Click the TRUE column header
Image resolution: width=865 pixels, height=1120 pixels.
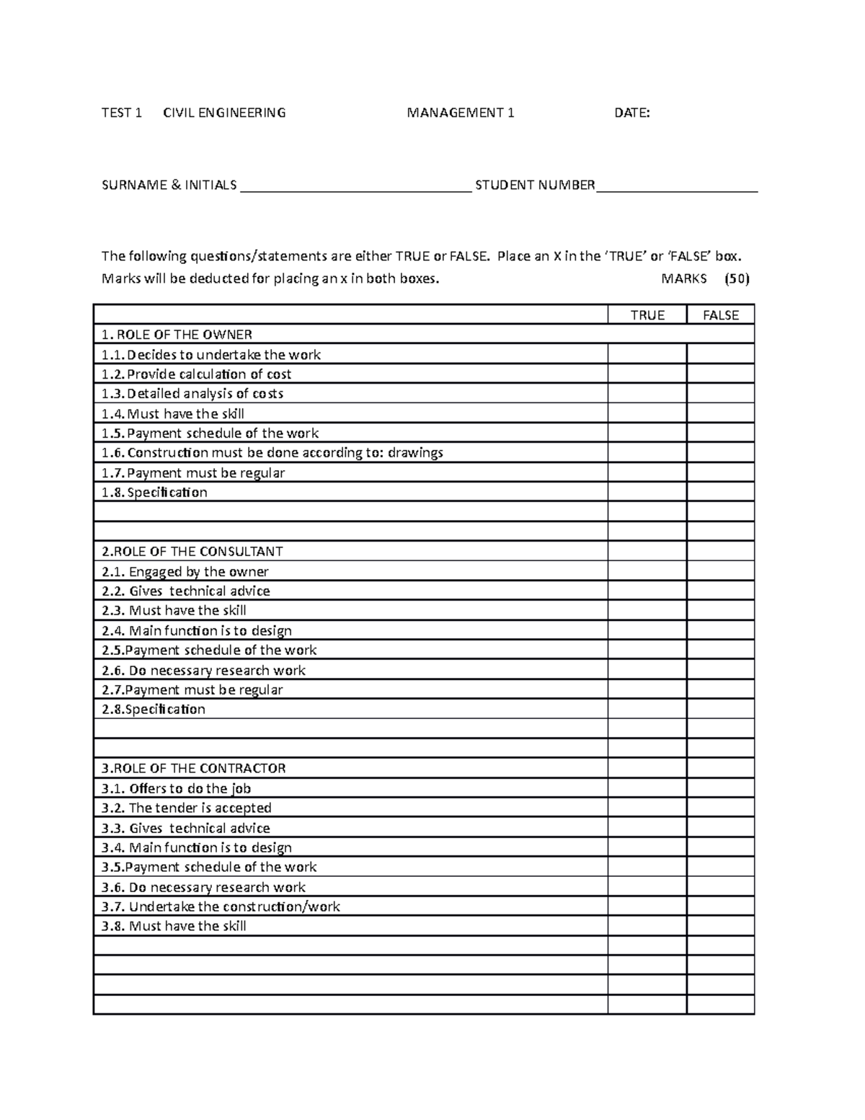tap(647, 315)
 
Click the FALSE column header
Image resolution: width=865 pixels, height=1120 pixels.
tap(720, 315)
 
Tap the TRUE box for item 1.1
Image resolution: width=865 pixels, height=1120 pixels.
tap(647, 354)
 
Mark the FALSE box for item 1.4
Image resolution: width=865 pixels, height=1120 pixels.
tap(720, 413)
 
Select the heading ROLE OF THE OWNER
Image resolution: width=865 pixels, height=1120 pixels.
tap(177, 335)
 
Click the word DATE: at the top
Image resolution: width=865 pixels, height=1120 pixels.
tap(631, 113)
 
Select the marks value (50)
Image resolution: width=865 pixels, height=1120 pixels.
tap(737, 279)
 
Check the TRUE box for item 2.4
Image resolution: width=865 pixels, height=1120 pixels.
tap(647, 630)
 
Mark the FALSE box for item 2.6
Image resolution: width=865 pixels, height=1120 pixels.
tap(720, 670)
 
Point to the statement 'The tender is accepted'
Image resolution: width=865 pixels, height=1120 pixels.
tap(200, 808)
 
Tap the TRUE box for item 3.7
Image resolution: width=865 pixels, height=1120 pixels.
tap(647, 907)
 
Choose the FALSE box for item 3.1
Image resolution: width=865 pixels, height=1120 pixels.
tap(720, 788)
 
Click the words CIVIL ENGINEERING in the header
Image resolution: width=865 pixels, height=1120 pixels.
tap(224, 113)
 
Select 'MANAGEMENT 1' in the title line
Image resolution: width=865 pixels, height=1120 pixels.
tap(461, 113)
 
